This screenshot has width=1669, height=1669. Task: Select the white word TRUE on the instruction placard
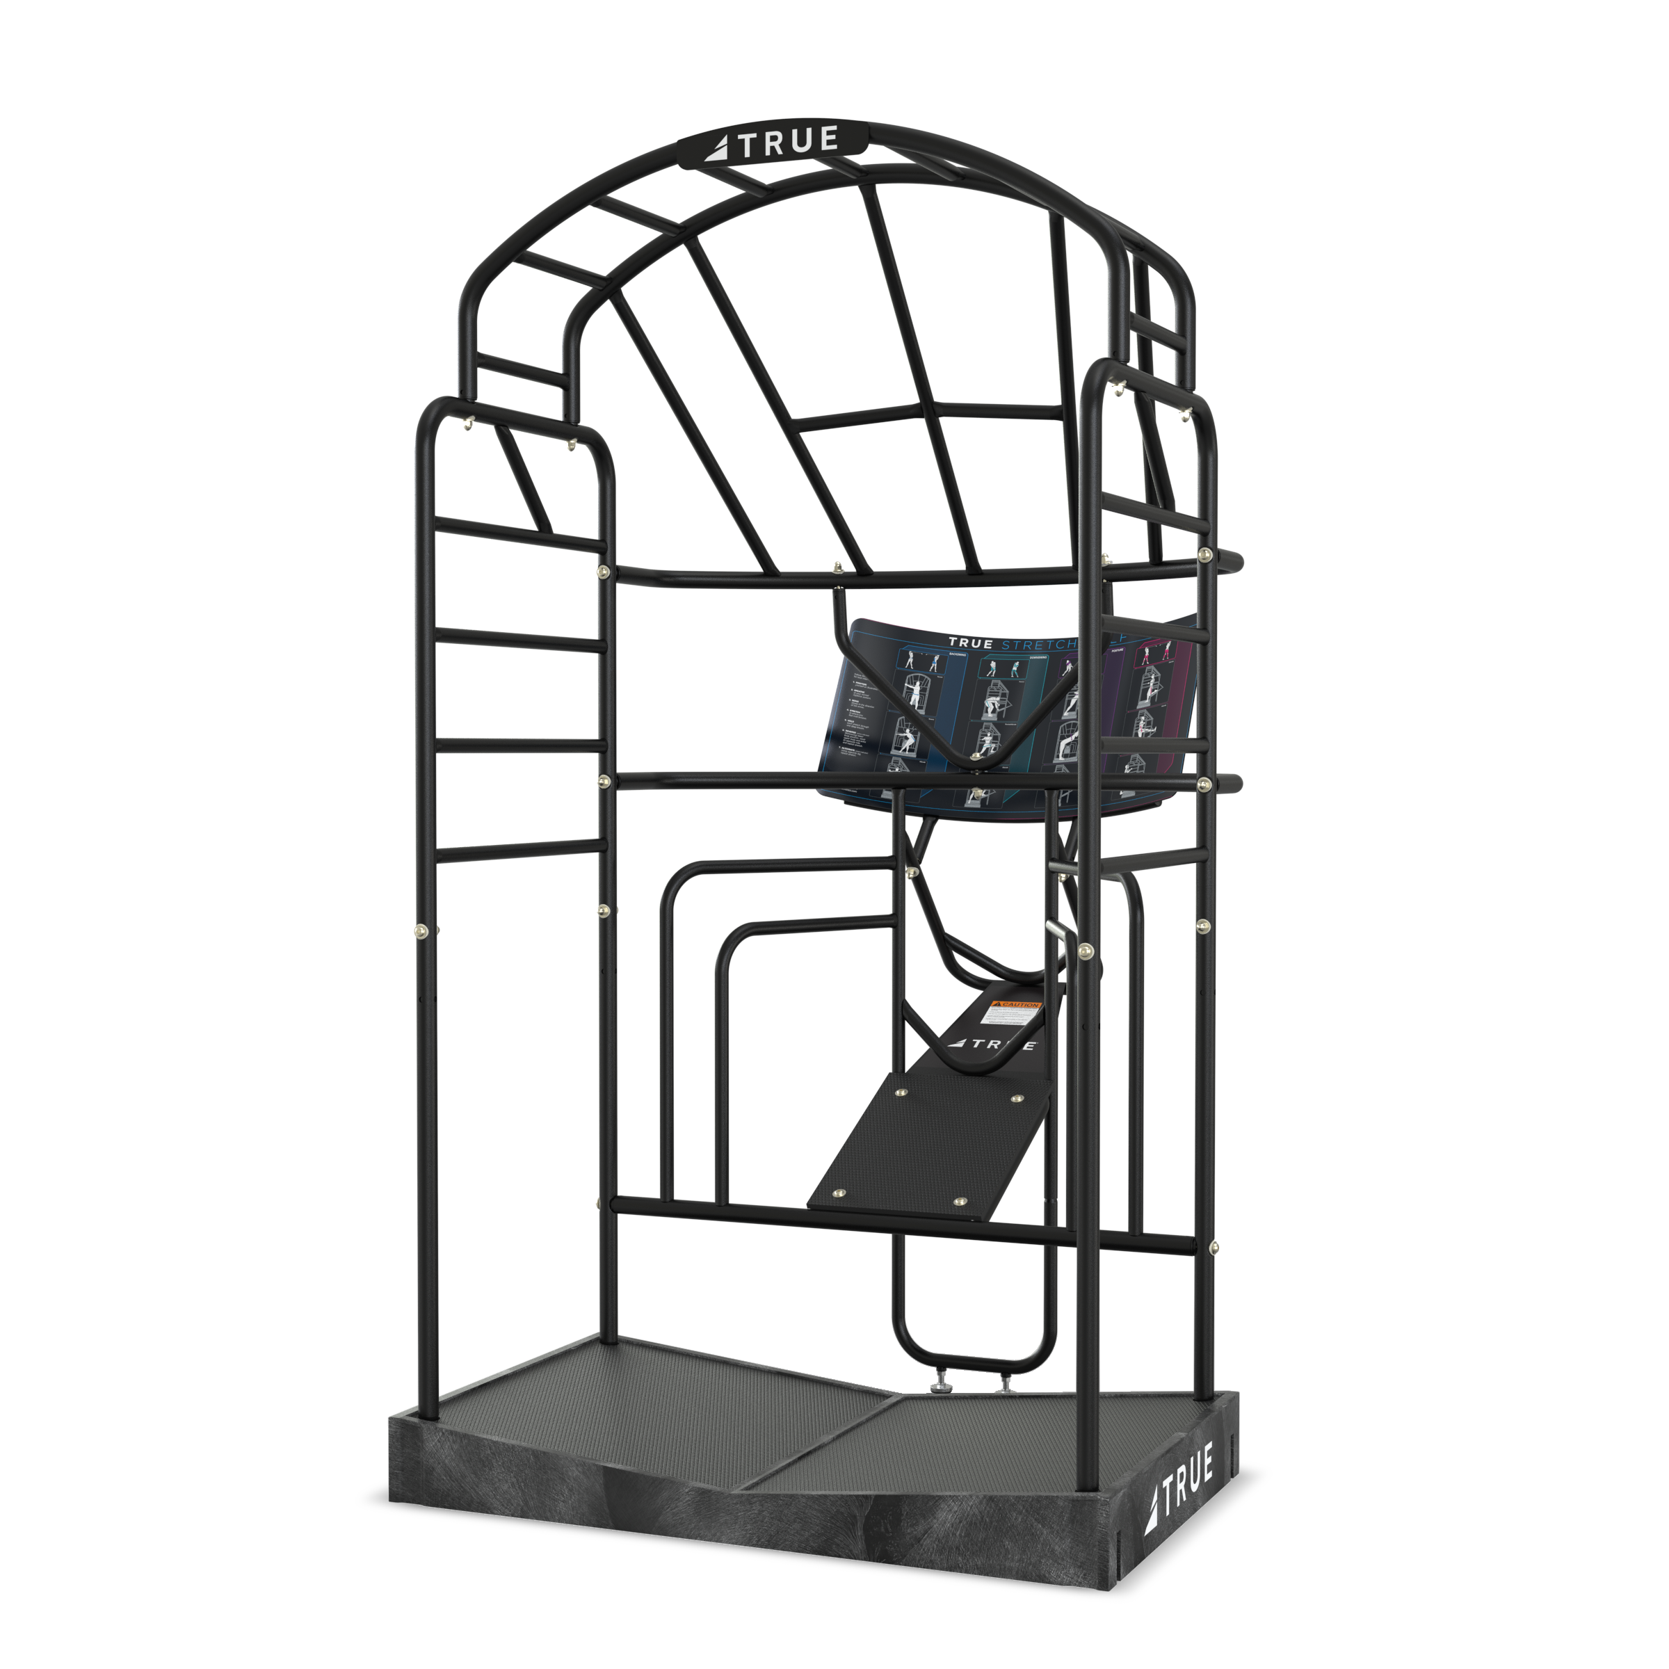[970, 642]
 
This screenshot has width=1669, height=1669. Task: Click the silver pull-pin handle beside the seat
[1056, 927]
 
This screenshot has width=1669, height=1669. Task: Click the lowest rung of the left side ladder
[523, 853]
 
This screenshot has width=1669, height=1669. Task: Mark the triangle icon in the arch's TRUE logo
[718, 149]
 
